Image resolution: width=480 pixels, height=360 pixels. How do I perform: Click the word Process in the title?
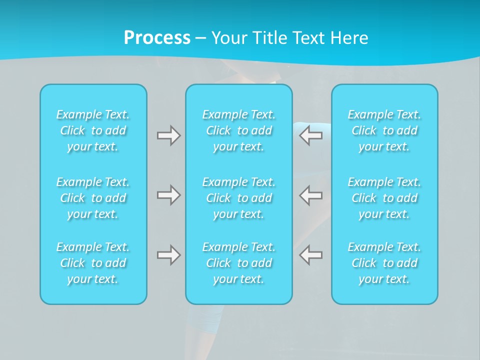(157, 38)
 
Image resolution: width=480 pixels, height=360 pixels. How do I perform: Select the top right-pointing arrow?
(168, 135)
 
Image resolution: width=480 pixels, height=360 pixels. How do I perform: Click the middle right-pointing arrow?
(168, 195)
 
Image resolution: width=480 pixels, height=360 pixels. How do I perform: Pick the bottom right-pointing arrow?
(168, 255)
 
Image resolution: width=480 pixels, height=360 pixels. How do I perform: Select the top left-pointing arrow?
(311, 135)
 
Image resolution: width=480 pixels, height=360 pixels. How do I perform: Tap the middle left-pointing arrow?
(311, 195)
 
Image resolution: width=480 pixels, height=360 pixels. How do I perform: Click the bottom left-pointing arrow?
(311, 255)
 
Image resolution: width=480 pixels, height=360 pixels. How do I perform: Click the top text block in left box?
(93, 130)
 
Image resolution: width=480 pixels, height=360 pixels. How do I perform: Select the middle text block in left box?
(93, 198)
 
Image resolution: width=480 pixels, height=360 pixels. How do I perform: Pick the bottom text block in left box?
(93, 263)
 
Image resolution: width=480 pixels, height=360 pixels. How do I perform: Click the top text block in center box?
(238, 130)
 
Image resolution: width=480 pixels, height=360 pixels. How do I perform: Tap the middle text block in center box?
(238, 198)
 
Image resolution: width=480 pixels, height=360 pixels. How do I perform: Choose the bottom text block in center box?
(238, 263)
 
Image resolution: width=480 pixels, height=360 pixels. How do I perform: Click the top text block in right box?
(384, 130)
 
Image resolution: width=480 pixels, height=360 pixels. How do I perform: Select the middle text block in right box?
(384, 198)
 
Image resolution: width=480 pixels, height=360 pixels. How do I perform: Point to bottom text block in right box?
(384, 263)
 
